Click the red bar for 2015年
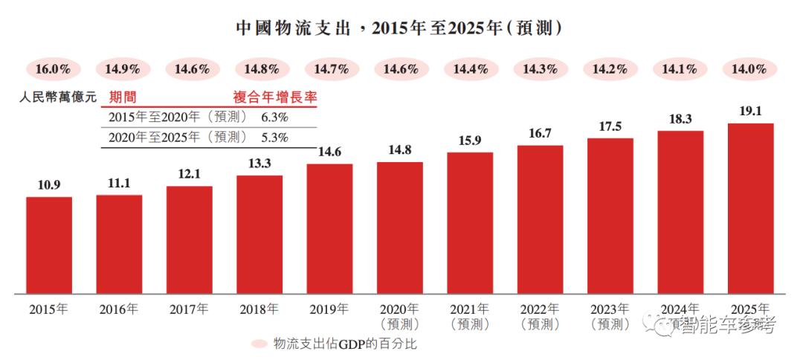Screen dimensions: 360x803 (x=49, y=245)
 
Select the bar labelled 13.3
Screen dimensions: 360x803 (x=259, y=234)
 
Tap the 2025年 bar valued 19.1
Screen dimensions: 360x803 (x=750, y=208)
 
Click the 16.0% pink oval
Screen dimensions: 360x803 (x=53, y=69)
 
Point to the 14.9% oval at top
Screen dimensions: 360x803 (x=123, y=69)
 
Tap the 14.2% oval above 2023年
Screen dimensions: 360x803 (x=610, y=69)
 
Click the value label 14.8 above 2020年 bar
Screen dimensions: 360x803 (x=400, y=150)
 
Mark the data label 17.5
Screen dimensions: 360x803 (x=610, y=126)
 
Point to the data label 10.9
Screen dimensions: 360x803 (x=49, y=184)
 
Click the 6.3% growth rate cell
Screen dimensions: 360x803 (x=274, y=117)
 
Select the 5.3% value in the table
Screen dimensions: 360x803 (x=274, y=137)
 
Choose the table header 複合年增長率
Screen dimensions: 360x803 (x=275, y=97)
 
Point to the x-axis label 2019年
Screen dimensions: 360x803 (x=329, y=309)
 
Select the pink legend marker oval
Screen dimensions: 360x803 (x=259, y=344)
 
